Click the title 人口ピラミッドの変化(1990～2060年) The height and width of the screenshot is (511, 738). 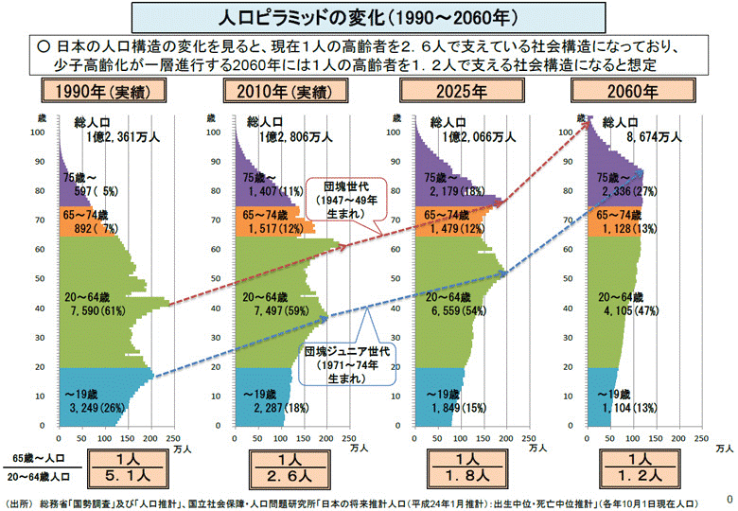[368, 17]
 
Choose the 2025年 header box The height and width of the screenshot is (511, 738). [455, 91]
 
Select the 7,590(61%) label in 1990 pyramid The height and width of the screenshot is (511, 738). [97, 309]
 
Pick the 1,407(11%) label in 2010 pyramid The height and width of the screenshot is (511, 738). [271, 192]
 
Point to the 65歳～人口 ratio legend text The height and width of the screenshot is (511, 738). [40, 457]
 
